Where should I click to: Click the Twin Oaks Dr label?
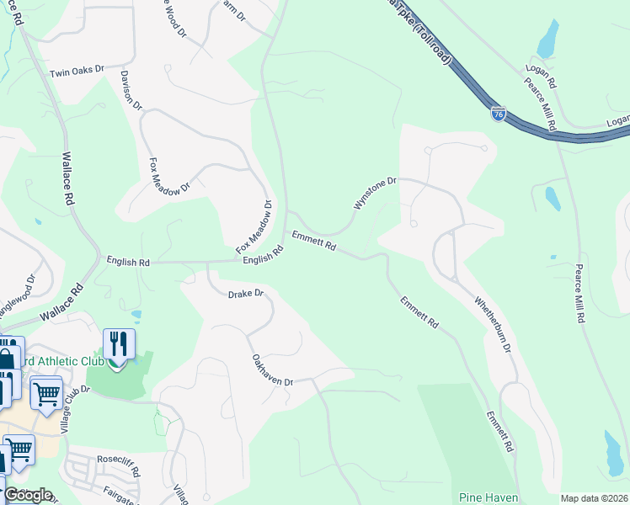tap(76, 72)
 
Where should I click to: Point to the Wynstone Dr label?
tap(373, 194)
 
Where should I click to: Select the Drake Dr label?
tap(246, 295)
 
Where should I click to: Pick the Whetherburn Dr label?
tap(493, 323)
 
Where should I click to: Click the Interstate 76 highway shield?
tap(499, 113)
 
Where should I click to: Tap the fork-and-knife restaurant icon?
tap(119, 343)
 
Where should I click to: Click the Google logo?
tap(28, 495)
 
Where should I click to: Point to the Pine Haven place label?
tap(489, 498)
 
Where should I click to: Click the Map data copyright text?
tap(594, 498)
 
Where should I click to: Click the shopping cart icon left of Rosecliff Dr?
tap(19, 449)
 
